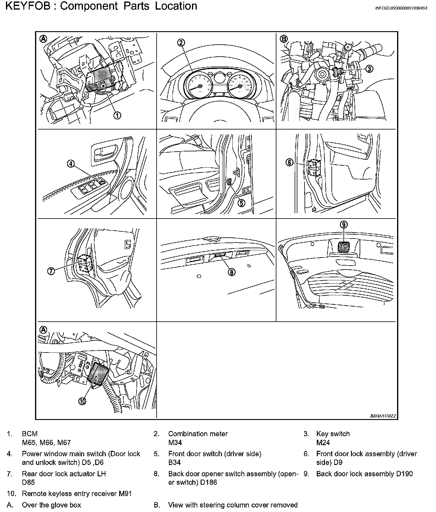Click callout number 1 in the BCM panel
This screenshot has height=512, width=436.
[117, 115]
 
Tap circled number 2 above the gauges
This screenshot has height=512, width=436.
[181, 43]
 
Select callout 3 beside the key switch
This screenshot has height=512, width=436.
[369, 69]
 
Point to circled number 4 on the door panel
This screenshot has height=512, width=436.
[70, 164]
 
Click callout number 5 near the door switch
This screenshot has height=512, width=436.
[241, 203]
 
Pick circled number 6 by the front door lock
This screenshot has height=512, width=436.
[289, 163]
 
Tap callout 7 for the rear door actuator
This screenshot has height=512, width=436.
[51, 271]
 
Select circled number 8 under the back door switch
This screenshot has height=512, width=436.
[231, 272]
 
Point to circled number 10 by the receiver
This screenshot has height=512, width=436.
[82, 401]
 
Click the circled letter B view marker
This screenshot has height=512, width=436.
[283, 39]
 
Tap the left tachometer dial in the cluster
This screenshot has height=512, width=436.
[198, 86]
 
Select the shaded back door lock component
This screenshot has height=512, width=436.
[344, 247]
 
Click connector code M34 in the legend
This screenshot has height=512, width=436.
[175, 442]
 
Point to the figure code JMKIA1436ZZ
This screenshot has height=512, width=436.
[382, 416]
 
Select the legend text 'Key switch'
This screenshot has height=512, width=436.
[333, 434]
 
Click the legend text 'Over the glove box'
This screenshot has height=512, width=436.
[51, 505]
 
